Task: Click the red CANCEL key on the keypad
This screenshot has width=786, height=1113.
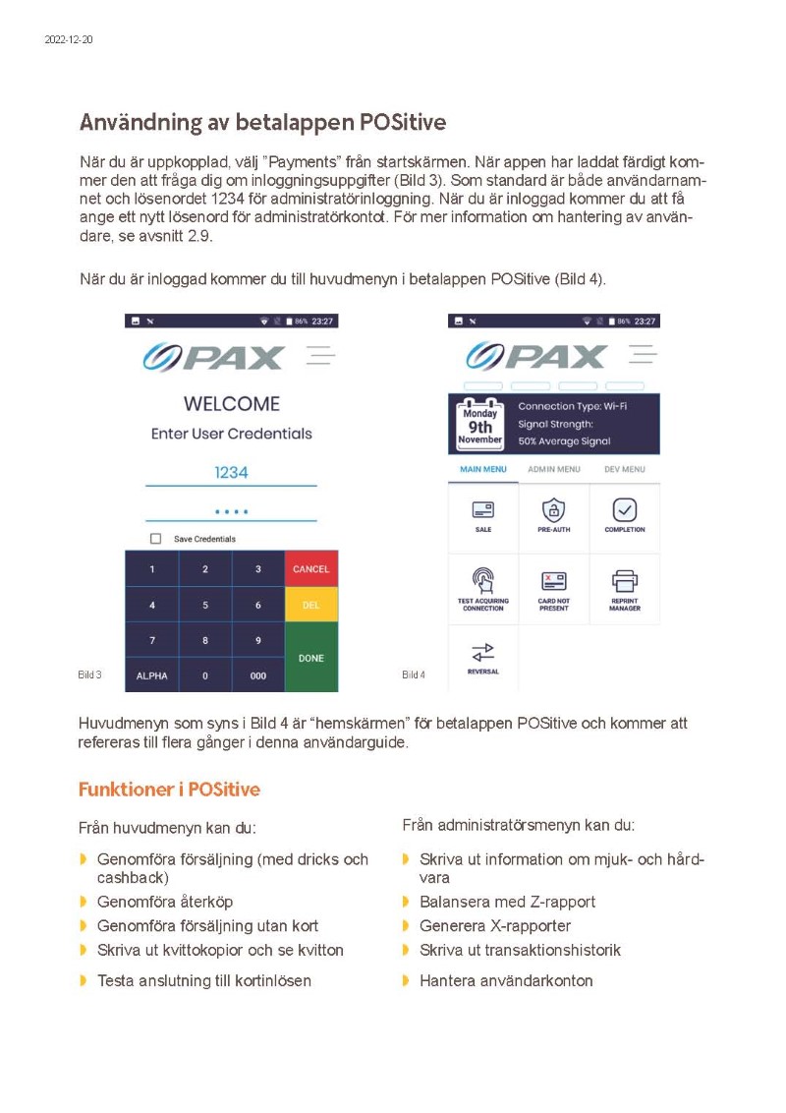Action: click(310, 569)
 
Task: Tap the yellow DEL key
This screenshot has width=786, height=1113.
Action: click(310, 606)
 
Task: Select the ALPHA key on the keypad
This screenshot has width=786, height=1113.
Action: click(151, 676)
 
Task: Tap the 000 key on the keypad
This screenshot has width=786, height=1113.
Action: click(258, 676)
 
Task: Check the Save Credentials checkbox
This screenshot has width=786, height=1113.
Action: click(155, 539)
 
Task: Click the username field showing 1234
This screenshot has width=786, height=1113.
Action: click(231, 473)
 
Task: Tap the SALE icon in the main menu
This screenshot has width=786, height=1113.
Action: click(483, 510)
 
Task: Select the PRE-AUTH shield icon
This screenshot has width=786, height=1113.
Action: click(554, 510)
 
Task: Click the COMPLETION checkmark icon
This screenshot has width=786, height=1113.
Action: click(625, 510)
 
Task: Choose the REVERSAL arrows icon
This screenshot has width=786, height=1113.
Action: click(483, 652)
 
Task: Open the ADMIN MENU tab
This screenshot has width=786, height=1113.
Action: click(554, 470)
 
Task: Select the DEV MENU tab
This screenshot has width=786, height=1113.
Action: click(625, 470)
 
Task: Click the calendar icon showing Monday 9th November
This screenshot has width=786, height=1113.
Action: click(481, 424)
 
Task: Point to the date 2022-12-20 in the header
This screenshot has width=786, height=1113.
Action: click(69, 39)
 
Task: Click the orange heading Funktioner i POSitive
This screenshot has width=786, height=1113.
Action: click(169, 790)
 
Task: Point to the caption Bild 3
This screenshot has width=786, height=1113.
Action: click(89, 675)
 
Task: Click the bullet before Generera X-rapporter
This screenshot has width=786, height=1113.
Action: click(406, 926)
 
